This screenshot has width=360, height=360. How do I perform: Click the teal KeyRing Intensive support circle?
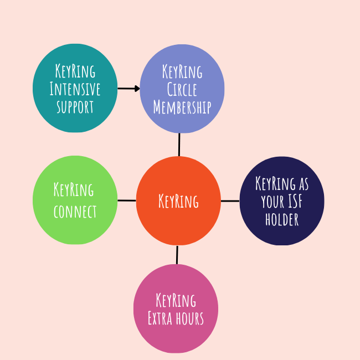point(75,88)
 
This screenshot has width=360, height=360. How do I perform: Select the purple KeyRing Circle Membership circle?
point(182,89)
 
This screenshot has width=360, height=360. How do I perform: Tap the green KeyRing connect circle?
point(75,200)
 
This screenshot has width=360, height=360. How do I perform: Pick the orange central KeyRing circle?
point(178,200)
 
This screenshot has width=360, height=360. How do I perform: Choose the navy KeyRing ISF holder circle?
point(282,200)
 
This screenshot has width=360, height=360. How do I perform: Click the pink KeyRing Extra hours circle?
point(176,308)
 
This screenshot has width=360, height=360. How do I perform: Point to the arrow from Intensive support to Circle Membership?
point(128,88)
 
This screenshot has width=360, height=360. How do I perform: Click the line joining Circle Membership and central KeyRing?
point(179,145)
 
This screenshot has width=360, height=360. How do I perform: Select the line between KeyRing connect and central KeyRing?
point(127,200)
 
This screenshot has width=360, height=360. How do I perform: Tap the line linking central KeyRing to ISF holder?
point(230,200)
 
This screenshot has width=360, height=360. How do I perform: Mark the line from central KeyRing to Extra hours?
point(177,255)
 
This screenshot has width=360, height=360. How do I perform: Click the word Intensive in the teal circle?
point(75,89)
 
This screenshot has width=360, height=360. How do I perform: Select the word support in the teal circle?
point(75,106)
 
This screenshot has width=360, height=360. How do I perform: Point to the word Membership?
point(182,107)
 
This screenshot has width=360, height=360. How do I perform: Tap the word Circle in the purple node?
point(182,89)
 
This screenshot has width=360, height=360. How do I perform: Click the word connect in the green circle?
point(75,212)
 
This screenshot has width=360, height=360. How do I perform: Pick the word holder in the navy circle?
point(282,219)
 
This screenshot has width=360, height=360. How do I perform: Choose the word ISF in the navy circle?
point(296,201)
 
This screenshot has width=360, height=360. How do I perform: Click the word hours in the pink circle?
point(188,318)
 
